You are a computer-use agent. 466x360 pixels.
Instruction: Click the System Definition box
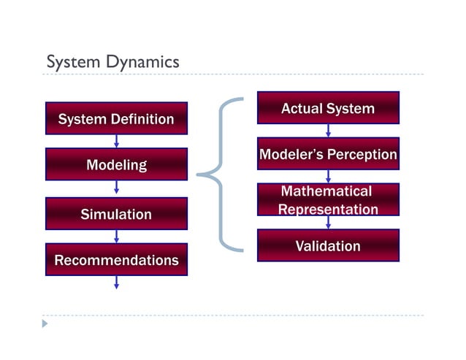116,118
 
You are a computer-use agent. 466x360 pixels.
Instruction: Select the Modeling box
116,165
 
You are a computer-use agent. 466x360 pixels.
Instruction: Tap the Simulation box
116,214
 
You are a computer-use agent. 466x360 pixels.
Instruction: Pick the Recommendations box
116,260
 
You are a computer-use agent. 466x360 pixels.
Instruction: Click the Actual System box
328,108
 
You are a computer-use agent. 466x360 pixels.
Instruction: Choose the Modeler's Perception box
328,154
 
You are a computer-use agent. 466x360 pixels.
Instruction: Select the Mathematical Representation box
328,200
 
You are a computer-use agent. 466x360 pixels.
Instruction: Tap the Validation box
328,245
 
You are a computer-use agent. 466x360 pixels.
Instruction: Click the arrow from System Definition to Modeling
116,142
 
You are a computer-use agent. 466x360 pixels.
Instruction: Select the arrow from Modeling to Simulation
116,188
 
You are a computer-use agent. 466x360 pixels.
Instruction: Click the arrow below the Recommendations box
116,283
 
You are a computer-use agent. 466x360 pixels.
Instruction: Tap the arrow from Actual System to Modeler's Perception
328,131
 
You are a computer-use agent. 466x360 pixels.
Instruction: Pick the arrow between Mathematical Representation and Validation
328,223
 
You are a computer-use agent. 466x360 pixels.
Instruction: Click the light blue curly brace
220,175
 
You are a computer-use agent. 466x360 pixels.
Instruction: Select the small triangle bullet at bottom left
45,323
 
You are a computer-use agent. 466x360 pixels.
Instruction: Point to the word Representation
328,210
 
